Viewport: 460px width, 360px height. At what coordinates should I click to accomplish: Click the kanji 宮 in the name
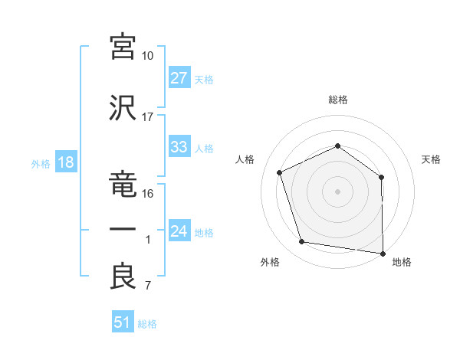[x=123, y=47]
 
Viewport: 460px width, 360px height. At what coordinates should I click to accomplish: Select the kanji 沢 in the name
[x=123, y=108]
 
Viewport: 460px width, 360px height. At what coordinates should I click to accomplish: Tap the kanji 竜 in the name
[x=123, y=184]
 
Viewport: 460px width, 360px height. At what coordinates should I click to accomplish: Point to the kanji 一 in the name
[x=123, y=229]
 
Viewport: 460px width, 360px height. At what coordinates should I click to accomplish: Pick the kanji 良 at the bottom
[x=123, y=276]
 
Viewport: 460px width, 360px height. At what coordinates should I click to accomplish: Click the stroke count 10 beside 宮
[x=147, y=56]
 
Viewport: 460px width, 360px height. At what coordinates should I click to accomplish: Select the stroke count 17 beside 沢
[x=147, y=117]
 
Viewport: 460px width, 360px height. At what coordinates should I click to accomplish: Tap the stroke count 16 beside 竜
[x=147, y=194]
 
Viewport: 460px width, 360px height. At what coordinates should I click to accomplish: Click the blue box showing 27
[x=179, y=77]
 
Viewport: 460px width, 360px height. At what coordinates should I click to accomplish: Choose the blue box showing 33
[x=179, y=146]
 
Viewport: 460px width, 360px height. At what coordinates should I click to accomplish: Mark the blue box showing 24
[x=179, y=230]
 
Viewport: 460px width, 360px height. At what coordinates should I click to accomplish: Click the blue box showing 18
[x=66, y=162]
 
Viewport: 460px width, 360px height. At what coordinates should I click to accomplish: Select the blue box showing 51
[x=123, y=321]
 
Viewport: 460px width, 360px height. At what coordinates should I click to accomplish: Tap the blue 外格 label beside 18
[x=41, y=164]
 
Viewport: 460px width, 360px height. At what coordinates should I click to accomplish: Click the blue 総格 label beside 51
[x=147, y=324]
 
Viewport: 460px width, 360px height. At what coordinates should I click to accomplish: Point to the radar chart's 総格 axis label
[x=338, y=100]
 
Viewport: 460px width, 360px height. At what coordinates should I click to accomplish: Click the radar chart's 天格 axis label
[x=431, y=159]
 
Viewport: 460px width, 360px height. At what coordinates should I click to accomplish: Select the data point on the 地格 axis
[x=383, y=254]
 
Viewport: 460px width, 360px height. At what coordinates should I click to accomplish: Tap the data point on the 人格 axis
[x=279, y=172]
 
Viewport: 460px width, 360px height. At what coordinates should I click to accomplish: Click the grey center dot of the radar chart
[x=337, y=191]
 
